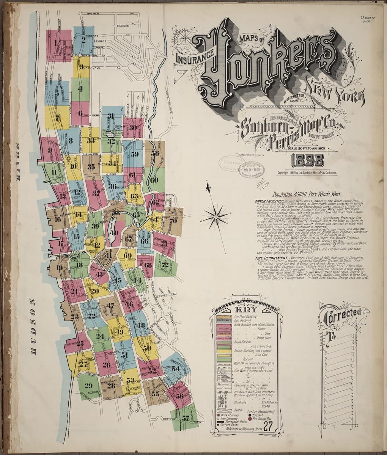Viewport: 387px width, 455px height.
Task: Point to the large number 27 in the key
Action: pyautogui.click(x=268, y=426)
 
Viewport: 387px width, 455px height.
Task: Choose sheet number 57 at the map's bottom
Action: pyautogui.click(x=186, y=419)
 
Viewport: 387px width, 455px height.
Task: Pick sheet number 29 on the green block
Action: pyautogui.click(x=88, y=386)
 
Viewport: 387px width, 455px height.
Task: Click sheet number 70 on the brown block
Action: pyautogui.click(x=173, y=220)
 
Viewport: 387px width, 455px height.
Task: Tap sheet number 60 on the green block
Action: pyautogui.click(x=153, y=180)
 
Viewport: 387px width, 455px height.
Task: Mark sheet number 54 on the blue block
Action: pyautogui.click(x=175, y=368)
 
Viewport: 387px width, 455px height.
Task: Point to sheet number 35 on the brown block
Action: pyautogui.click(x=91, y=167)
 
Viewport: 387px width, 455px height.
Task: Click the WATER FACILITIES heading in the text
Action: pyautogui.click(x=269, y=201)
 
